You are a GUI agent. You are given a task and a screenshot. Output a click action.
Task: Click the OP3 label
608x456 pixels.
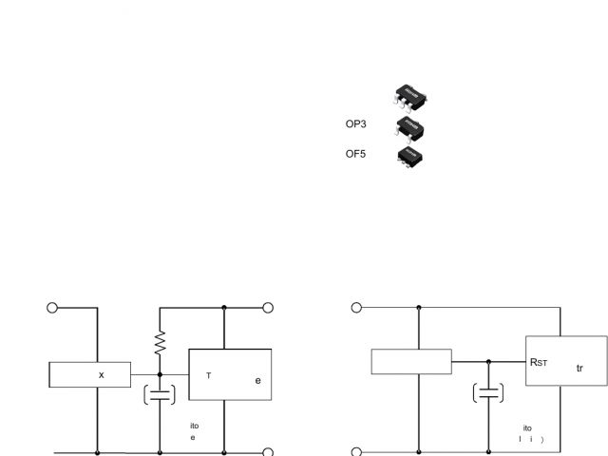356,123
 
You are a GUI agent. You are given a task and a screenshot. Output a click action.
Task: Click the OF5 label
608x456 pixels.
356,153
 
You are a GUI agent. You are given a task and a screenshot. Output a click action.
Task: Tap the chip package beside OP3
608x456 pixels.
409,128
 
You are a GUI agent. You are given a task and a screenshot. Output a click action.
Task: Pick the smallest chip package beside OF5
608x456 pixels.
409,156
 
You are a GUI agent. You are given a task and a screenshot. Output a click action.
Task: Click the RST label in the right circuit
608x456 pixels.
541,361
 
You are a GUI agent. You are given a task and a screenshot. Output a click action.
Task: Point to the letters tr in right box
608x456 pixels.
579,368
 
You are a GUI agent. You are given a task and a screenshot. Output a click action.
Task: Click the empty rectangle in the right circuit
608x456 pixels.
411,362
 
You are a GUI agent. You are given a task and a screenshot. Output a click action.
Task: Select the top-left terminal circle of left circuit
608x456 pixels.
53,308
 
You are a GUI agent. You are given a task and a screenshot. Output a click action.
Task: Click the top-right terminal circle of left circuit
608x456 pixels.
268,308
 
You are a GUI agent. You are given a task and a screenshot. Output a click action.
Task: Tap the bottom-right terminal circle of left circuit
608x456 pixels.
268,452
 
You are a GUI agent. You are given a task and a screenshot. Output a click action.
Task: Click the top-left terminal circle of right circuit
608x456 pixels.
356,308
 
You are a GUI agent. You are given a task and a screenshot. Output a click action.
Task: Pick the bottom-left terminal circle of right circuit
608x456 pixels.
356,452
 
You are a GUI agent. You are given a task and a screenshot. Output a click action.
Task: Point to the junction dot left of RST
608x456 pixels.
488,361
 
